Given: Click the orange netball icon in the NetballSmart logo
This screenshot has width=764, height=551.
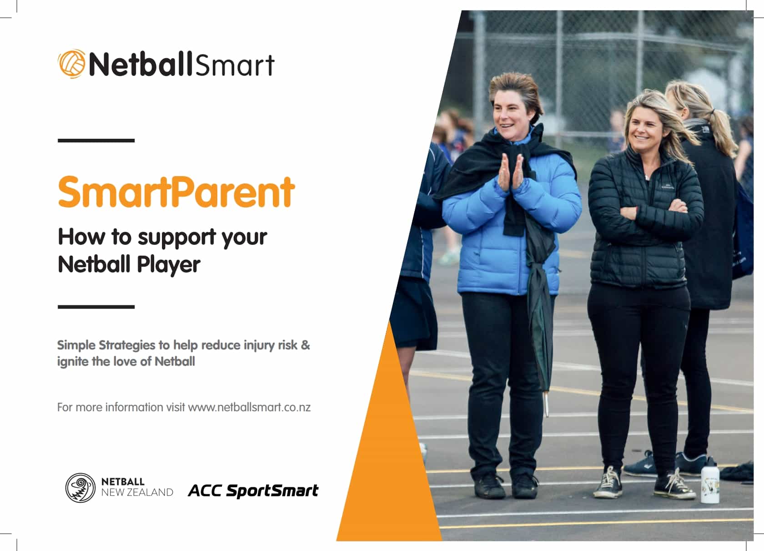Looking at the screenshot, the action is (x=72, y=64).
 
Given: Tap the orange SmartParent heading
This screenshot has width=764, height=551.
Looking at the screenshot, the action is (x=176, y=192).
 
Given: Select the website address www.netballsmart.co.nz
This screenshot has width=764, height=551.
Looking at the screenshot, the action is (x=249, y=407).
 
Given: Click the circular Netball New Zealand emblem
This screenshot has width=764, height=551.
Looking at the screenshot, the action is (x=80, y=488).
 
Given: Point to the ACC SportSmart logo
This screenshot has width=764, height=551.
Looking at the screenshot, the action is (x=253, y=490).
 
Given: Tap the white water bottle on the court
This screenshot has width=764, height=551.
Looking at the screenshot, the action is (x=710, y=480).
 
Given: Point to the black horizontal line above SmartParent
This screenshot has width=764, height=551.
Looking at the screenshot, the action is (x=96, y=140).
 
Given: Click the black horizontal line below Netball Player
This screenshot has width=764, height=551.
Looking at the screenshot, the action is (x=96, y=307).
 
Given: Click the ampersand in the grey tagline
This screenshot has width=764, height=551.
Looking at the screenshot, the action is (x=305, y=345).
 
